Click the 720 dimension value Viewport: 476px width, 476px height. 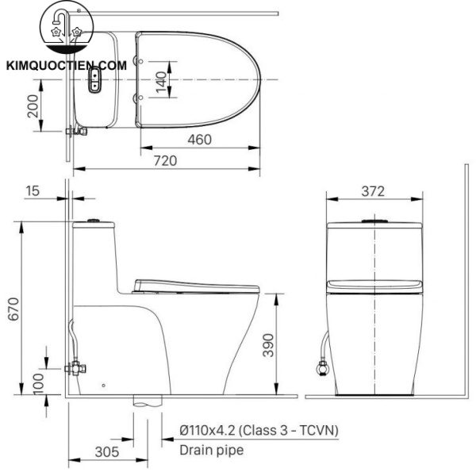[x=165, y=159]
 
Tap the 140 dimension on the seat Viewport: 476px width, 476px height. [x=161, y=79]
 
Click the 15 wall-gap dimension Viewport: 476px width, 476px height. [x=32, y=190]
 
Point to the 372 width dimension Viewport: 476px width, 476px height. [x=372, y=190]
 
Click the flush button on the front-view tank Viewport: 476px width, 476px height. [x=373, y=219]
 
